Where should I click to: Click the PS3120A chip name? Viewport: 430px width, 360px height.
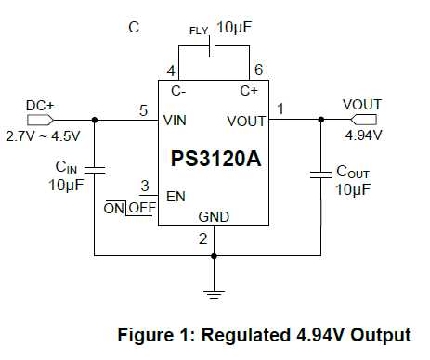click(215, 159)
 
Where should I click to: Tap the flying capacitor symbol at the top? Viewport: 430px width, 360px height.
click(213, 46)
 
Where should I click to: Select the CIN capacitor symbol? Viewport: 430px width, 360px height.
click(95, 169)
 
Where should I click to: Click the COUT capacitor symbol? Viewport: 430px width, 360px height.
click(320, 173)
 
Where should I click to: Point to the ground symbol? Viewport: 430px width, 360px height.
click(215, 295)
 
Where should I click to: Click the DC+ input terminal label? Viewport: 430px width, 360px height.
click(39, 106)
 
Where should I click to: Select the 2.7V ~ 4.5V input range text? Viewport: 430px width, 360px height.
click(43, 136)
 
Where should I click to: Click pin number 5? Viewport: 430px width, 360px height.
click(143, 110)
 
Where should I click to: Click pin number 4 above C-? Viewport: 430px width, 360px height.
click(171, 71)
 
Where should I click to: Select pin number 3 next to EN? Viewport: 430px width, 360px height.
click(144, 186)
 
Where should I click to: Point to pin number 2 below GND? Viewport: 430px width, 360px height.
click(202, 239)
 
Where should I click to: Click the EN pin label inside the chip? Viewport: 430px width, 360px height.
click(176, 197)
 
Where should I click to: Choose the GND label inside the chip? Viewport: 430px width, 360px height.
click(214, 216)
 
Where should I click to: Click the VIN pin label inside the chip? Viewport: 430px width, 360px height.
click(176, 121)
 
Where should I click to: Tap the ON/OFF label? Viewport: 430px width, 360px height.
click(129, 207)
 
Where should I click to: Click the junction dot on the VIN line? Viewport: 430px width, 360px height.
click(95, 120)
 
